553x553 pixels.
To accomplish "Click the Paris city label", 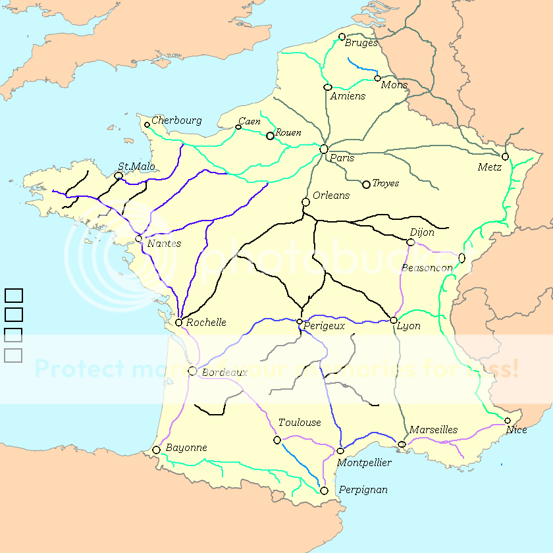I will [342, 158].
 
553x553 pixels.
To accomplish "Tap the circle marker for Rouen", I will [270, 136].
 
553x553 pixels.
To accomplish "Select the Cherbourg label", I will [176, 120].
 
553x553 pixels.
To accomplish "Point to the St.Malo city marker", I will [118, 176].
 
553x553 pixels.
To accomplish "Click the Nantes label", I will [164, 244].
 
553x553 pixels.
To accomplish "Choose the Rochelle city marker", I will [178, 323].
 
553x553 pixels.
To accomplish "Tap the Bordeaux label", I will [224, 373].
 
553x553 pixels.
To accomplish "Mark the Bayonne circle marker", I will [156, 450].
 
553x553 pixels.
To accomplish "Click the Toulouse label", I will [300, 423].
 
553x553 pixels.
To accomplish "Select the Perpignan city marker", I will [324, 490].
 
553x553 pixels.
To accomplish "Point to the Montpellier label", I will [364, 463].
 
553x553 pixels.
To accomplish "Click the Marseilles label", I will [433, 430].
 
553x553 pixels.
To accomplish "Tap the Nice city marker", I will [508, 421].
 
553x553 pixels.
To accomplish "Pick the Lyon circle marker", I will [394, 320].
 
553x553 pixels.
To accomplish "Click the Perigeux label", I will [325, 325].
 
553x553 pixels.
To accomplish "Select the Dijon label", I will [422, 232].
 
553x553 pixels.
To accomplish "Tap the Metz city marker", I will [505, 157].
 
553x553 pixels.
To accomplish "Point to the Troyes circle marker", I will [366, 184].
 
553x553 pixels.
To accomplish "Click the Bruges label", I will [361, 43].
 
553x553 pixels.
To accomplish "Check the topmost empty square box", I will [14, 296].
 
